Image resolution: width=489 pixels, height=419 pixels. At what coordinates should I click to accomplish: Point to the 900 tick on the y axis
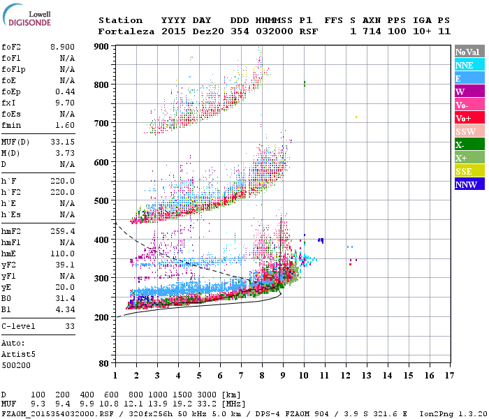(102, 46)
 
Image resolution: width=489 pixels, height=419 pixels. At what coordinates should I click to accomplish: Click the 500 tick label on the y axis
(102, 201)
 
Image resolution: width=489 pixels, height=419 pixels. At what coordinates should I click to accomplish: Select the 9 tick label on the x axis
(283, 376)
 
